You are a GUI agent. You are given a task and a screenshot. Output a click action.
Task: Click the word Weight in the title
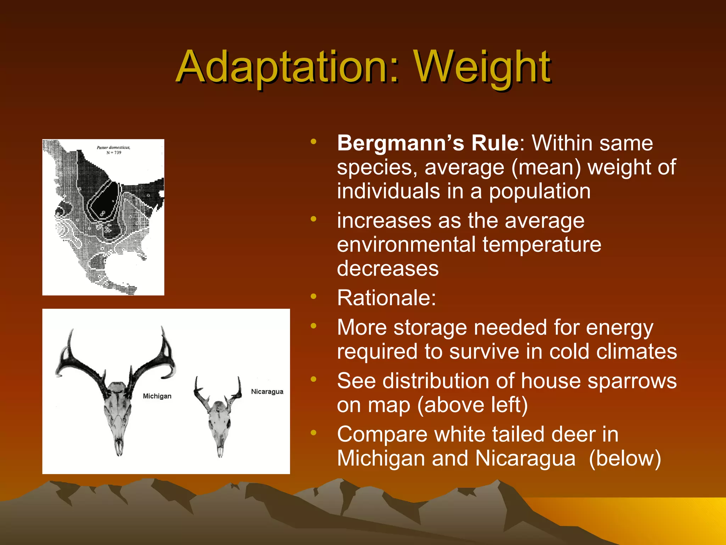pos(482,67)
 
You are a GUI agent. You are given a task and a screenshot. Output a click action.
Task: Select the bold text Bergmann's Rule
pos(428,143)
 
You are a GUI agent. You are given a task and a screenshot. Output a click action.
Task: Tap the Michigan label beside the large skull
pos(157,396)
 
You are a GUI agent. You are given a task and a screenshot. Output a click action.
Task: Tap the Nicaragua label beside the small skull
pos(267,391)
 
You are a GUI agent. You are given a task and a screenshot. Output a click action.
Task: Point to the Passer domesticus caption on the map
pos(113,147)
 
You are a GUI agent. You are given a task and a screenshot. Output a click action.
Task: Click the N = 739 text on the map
pos(114,153)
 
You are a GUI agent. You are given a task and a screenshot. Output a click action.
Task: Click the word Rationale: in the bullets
pos(386,298)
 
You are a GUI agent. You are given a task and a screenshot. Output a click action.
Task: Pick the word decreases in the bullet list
pos(388,269)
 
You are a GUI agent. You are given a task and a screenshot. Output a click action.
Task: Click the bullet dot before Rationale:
pos(313,297)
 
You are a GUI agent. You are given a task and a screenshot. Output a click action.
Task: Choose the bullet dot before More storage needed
pos(313,326)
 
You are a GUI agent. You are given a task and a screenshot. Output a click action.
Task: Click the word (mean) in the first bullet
pos(546,167)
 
